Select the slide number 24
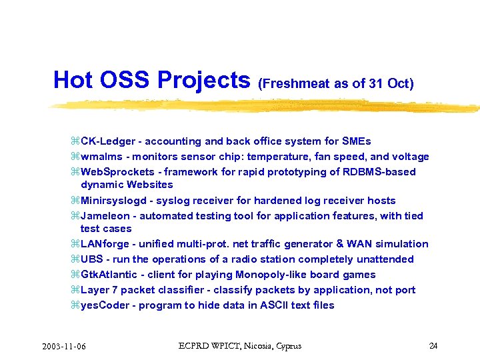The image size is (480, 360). [433, 345]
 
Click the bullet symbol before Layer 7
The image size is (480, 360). [75, 290]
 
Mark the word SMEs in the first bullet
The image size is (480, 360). [357, 141]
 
